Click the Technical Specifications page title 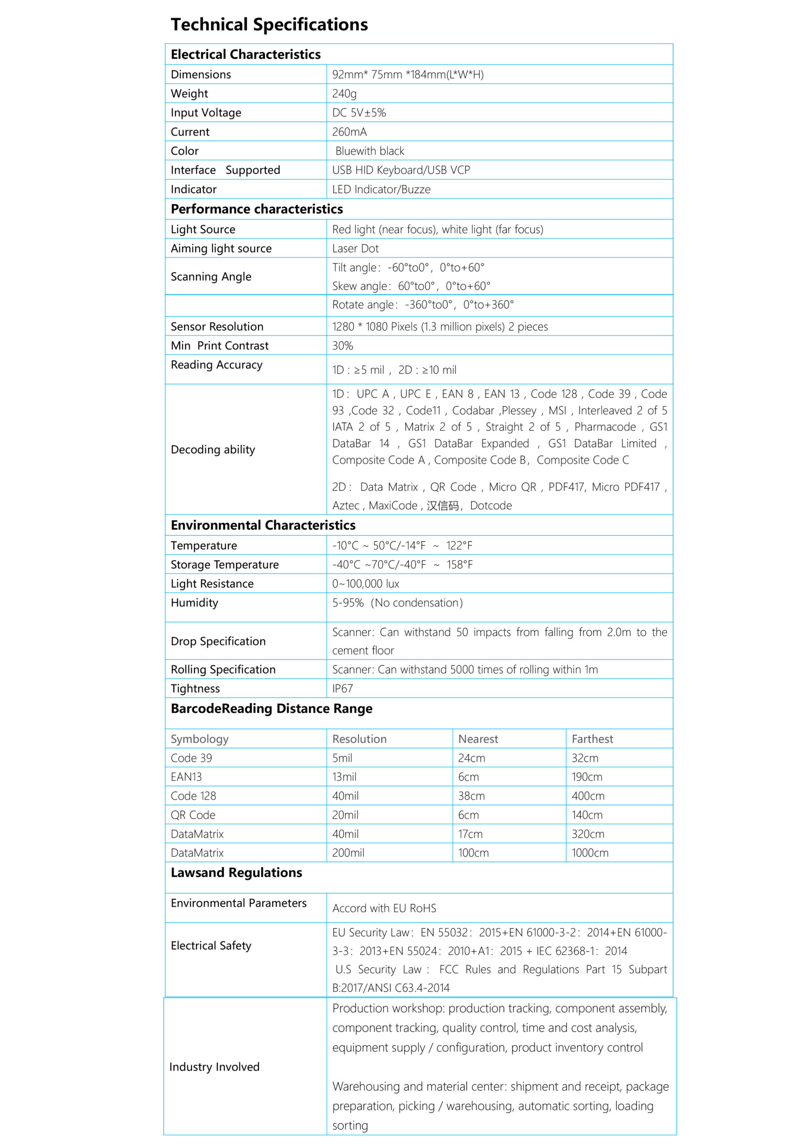point(269,25)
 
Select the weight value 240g point(344,94)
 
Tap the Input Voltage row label point(206,113)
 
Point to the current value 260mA point(349,132)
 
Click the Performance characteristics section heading point(257,209)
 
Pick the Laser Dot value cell point(355,248)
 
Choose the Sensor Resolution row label point(217,327)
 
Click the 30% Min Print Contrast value point(343,346)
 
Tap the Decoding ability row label point(213,449)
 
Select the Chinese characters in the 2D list point(443,505)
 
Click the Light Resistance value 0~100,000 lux point(366,583)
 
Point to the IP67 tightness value point(343,688)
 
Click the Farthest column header point(592,739)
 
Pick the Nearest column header point(478,739)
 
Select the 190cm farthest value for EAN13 point(587,777)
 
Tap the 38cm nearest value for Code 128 point(471,796)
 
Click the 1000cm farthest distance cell point(590,853)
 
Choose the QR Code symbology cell point(193,815)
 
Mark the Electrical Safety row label point(211,946)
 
